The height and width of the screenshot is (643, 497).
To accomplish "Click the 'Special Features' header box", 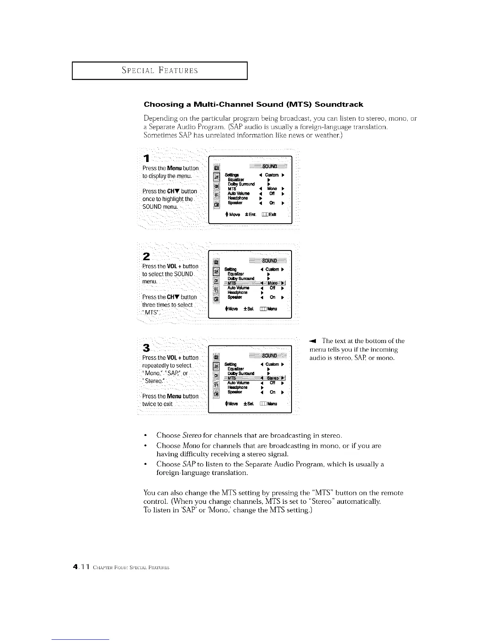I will click(x=160, y=71).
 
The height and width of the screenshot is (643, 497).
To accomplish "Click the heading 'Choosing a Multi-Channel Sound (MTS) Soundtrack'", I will click(x=253, y=104).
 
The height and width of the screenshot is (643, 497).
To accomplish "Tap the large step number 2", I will click(x=146, y=256).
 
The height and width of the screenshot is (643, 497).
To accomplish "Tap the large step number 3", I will click(x=147, y=348).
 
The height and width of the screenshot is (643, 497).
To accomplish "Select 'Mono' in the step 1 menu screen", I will click(x=272, y=189).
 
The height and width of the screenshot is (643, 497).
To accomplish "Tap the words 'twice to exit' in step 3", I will click(x=158, y=404).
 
